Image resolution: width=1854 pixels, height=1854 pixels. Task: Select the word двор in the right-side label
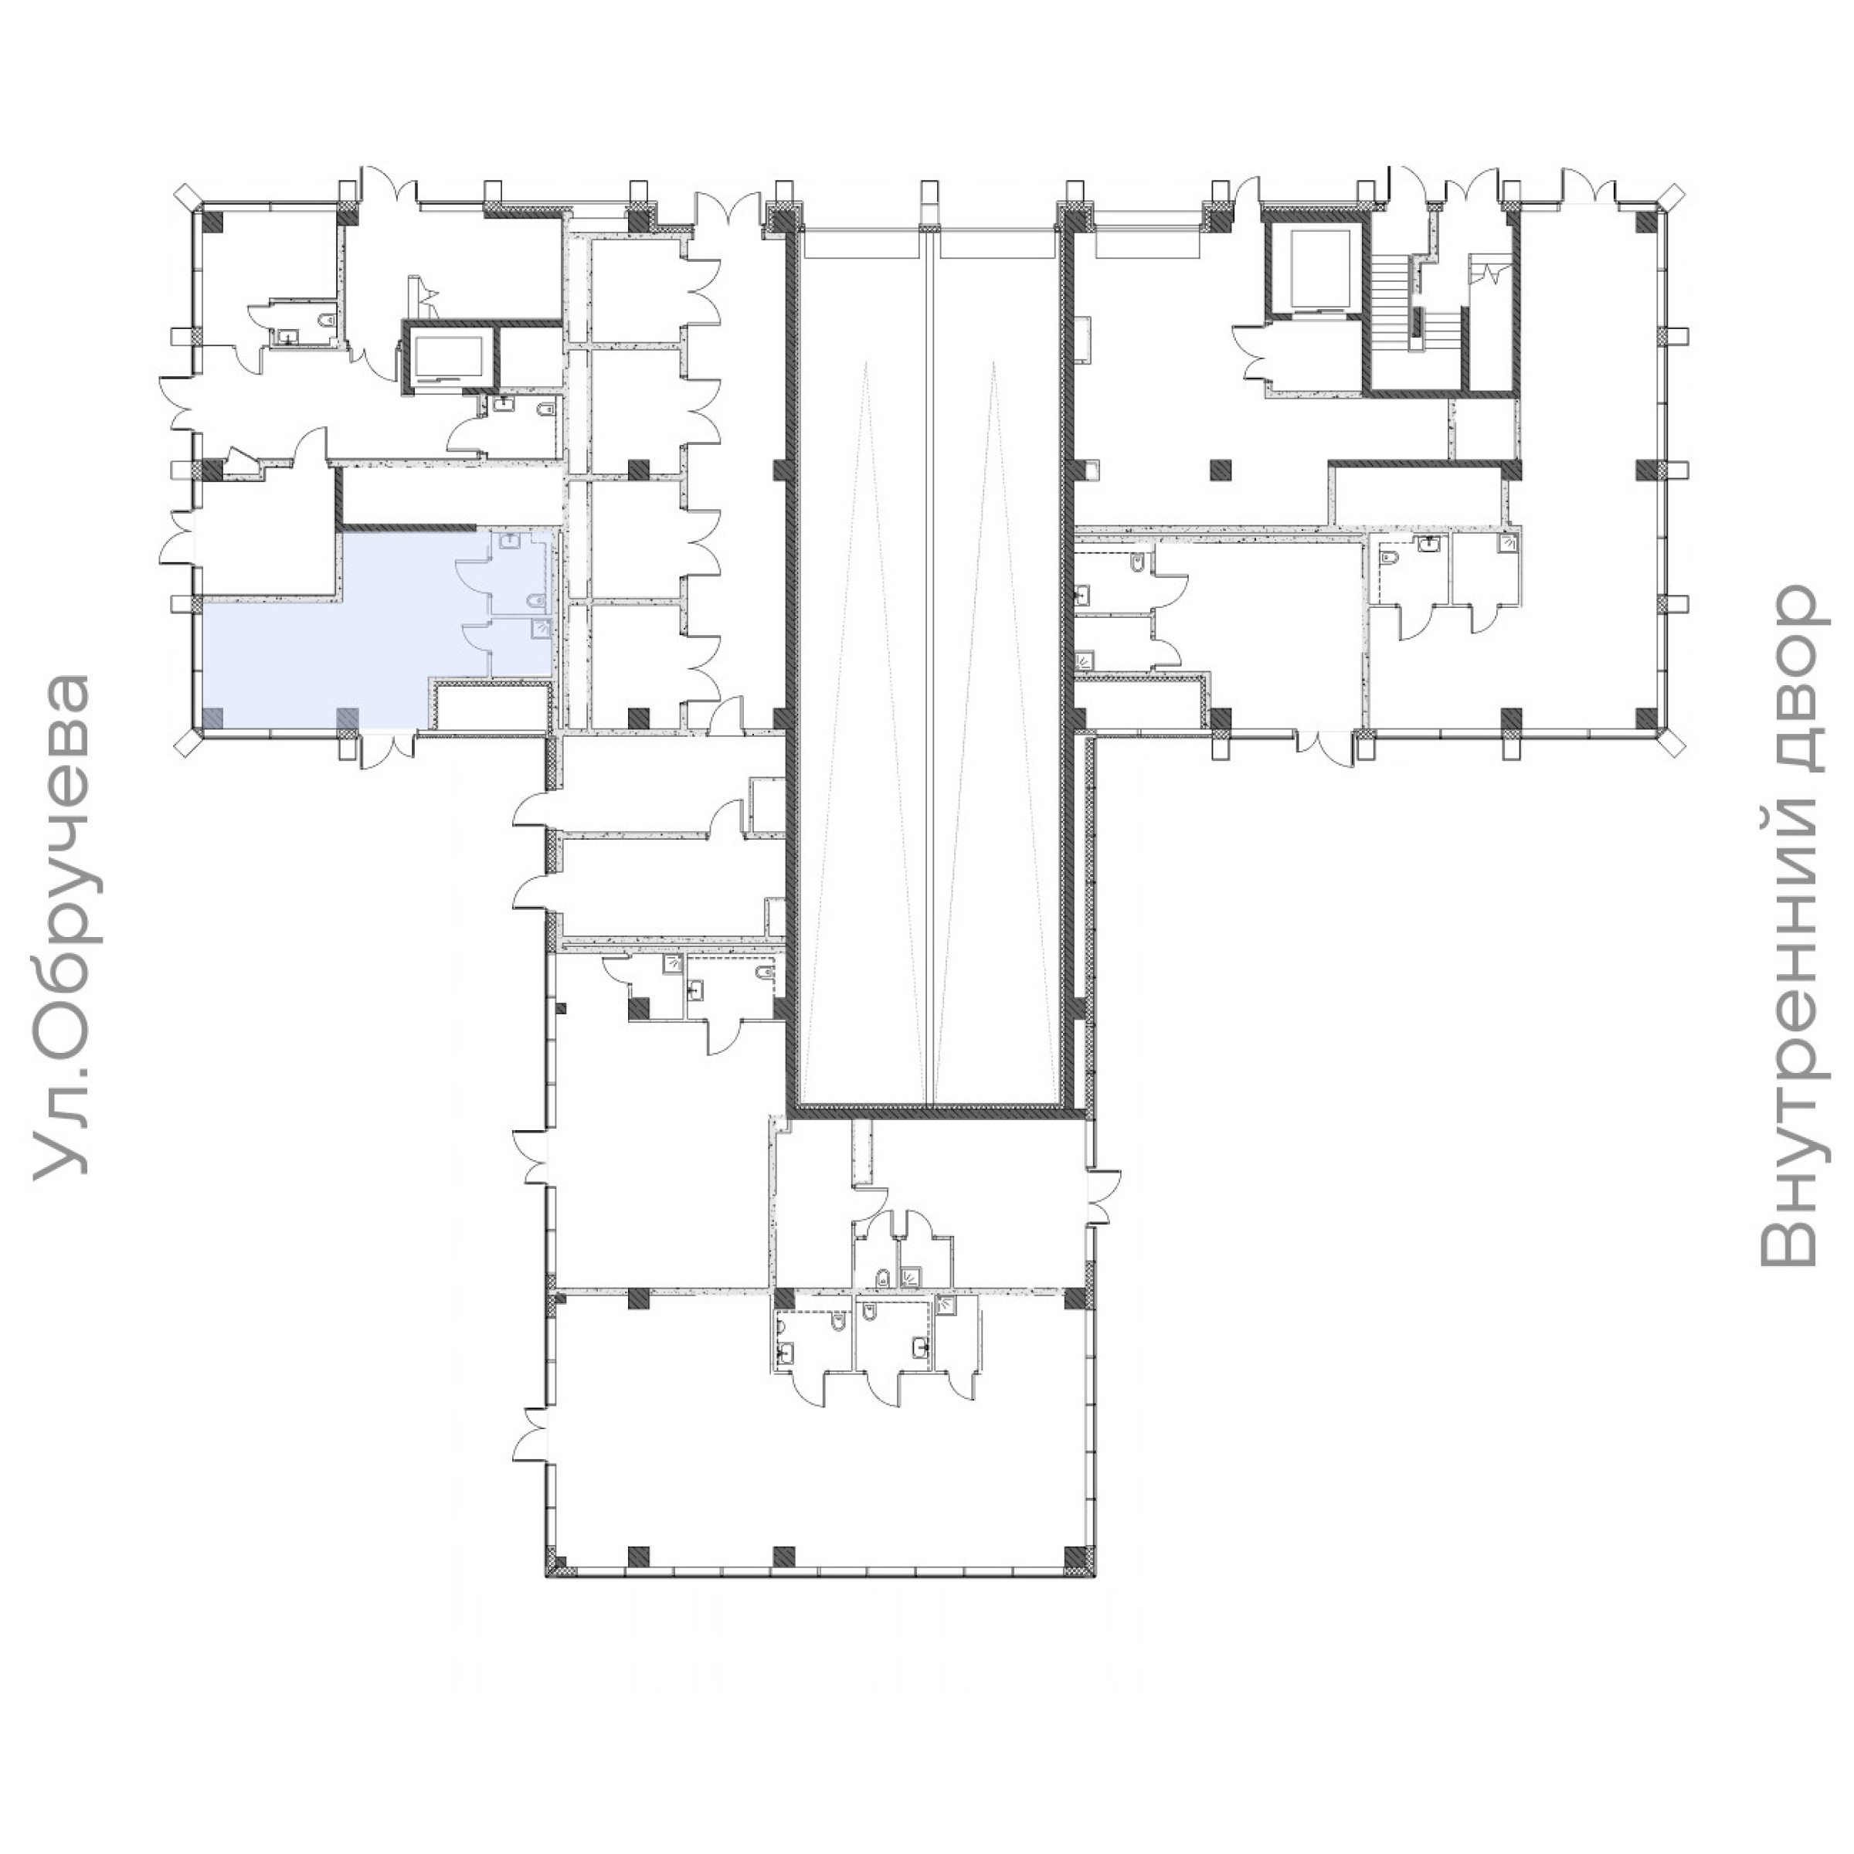(x=1787, y=680)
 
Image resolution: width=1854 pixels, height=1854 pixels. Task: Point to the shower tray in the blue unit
(x=540, y=629)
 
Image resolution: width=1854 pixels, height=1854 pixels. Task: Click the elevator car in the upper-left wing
(x=449, y=357)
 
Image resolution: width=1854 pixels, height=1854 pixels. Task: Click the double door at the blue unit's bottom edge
(x=387, y=749)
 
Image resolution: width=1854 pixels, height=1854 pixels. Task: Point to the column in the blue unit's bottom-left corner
(x=213, y=717)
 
